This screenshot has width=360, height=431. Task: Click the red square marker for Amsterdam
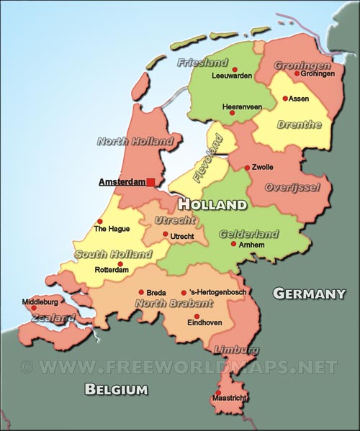(x=150, y=183)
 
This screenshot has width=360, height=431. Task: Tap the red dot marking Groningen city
(x=296, y=73)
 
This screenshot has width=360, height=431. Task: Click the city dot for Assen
(x=285, y=99)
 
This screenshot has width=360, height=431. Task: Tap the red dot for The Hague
(x=99, y=221)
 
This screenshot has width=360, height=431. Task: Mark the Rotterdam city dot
(x=120, y=263)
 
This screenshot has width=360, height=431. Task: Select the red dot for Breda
(x=140, y=293)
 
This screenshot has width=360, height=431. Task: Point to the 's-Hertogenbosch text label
(x=217, y=293)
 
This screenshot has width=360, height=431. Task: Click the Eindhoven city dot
(x=197, y=316)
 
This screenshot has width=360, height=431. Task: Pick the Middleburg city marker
(x=33, y=308)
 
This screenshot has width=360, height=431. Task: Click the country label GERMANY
(x=310, y=294)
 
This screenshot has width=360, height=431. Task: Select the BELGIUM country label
(x=116, y=390)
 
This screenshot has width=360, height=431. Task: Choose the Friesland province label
(x=203, y=63)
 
